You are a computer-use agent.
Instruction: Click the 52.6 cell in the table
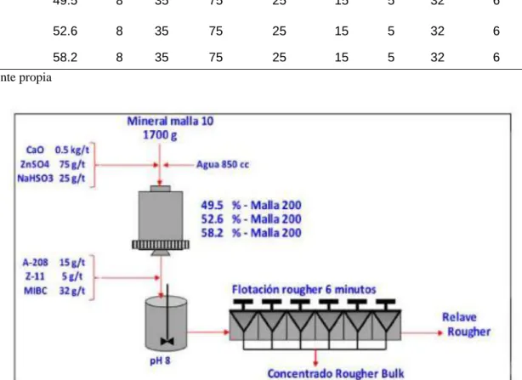(65, 31)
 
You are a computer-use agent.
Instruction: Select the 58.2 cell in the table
(65, 57)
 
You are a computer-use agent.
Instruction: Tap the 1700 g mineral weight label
(160, 135)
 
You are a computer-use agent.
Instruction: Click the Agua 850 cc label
(223, 164)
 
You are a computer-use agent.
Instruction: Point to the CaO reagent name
(35, 150)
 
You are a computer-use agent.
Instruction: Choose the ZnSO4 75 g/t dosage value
(72, 164)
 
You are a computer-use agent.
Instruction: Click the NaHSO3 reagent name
(35, 179)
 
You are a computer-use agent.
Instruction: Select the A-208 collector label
(36, 263)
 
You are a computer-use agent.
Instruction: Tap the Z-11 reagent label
(35, 276)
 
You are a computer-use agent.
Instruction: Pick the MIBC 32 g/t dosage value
(72, 291)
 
